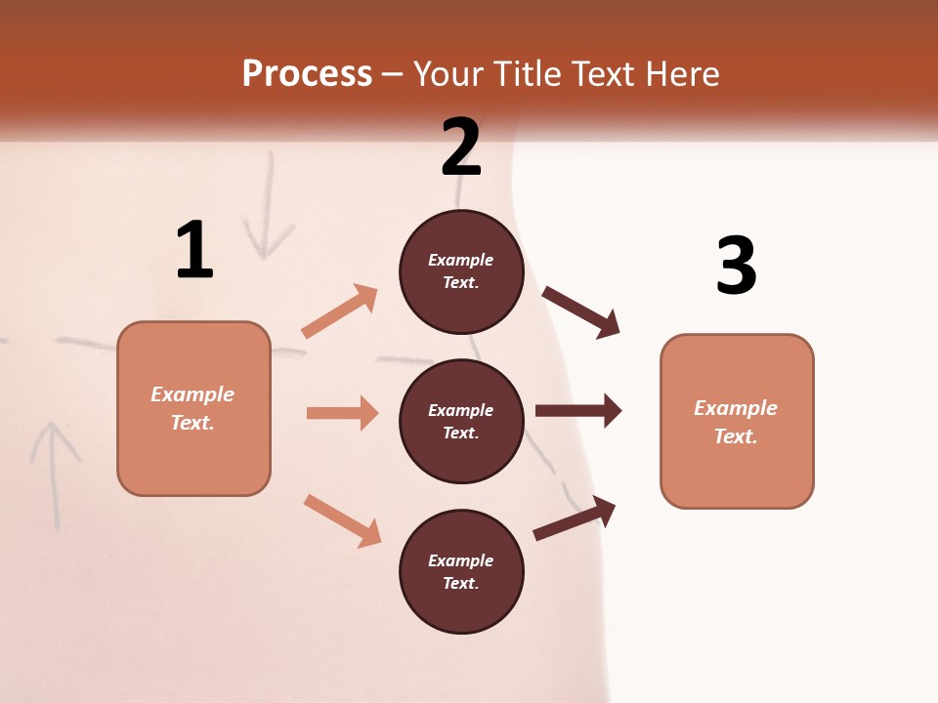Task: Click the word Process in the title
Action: [x=307, y=74]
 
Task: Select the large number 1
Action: [x=194, y=251]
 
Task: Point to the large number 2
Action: [x=461, y=147]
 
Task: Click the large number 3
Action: [x=737, y=266]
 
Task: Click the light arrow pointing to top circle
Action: [x=340, y=310]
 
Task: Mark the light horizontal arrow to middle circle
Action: [x=342, y=413]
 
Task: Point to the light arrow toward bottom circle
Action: [x=342, y=520]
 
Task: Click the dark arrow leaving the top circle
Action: [x=581, y=312]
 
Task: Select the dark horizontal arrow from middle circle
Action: [x=578, y=411]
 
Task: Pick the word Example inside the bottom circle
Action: [x=461, y=560]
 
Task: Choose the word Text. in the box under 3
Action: [x=736, y=436]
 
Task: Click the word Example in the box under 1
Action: [x=192, y=394]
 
